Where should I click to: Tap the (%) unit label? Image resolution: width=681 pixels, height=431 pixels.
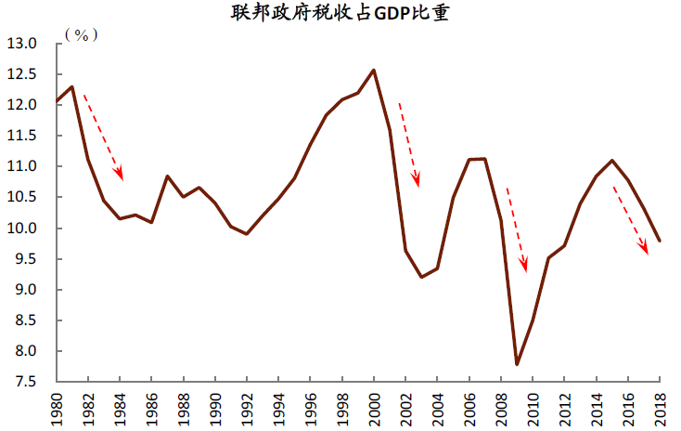tap(82, 34)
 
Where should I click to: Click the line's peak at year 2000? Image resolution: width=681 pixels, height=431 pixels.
tap(373, 70)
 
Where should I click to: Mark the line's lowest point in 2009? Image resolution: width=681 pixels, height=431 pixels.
tap(516, 363)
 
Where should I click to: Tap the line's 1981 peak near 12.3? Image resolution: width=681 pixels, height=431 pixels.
tap(72, 86)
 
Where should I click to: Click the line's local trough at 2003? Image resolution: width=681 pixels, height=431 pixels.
tap(421, 277)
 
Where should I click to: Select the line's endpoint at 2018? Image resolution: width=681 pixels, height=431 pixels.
tap(659, 241)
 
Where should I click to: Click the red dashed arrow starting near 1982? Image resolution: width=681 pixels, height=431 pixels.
tap(103, 136)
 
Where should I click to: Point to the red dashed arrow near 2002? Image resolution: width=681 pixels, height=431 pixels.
tap(408, 144)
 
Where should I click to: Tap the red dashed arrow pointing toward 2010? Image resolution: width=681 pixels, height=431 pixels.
tap(517, 229)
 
